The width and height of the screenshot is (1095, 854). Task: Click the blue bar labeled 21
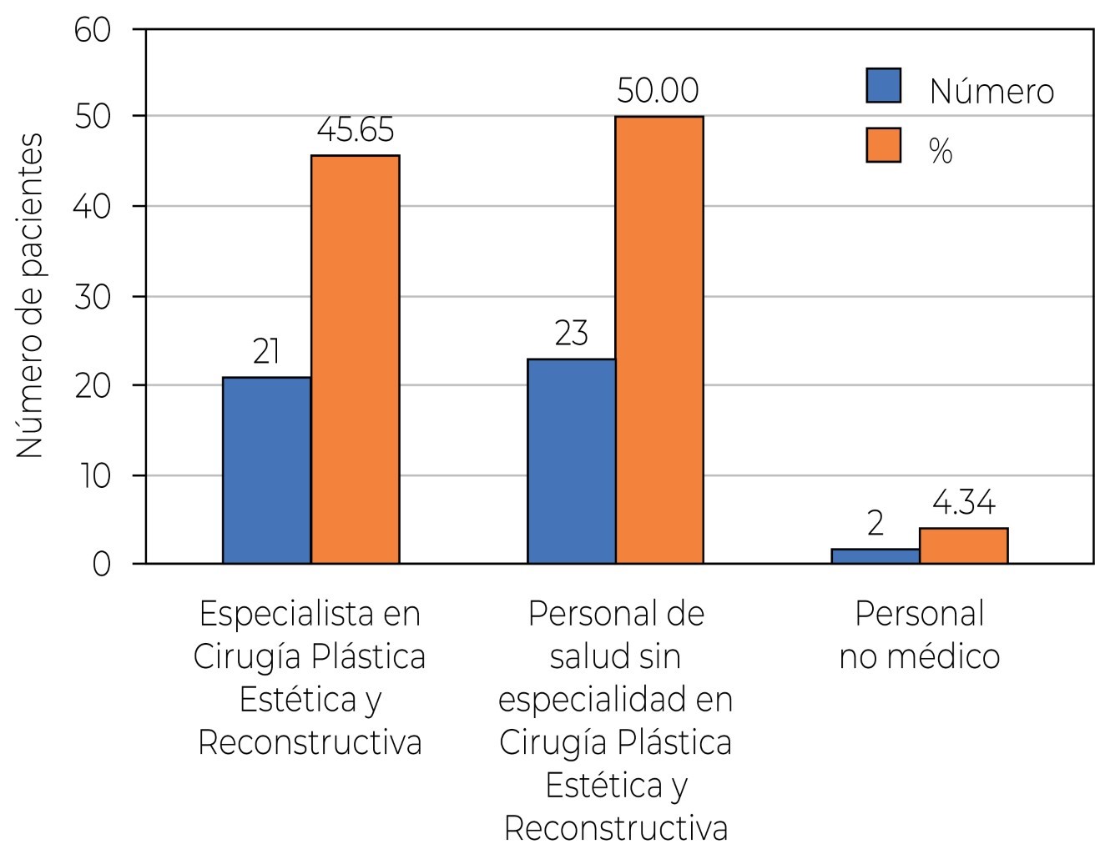[266, 470]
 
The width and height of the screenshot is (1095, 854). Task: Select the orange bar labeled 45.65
[355, 359]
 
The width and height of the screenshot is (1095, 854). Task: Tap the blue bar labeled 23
[571, 461]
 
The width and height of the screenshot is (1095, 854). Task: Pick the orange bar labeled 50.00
[659, 340]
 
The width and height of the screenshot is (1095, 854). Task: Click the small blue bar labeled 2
[875, 556]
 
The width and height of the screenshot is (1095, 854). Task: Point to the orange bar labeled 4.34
[963, 546]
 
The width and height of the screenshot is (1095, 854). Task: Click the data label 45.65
[355, 131]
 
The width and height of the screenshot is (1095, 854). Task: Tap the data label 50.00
[658, 91]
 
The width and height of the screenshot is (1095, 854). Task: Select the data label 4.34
[963, 504]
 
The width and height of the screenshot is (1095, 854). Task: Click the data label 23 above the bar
[571, 334]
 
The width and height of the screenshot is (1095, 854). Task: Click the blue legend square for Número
[883, 86]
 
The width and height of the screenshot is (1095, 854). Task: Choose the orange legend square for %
[883, 145]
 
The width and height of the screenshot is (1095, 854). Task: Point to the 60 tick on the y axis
[93, 30]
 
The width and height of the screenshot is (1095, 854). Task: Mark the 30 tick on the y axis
[93, 298]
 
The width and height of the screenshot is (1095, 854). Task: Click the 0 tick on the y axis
[101, 565]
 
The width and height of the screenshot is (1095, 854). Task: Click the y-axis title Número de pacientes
[30, 296]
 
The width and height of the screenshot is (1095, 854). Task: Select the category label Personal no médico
[919, 635]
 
